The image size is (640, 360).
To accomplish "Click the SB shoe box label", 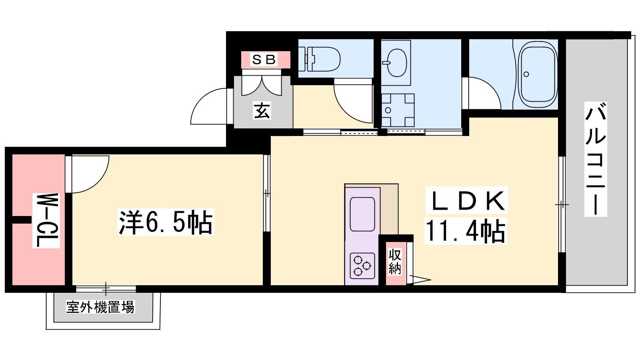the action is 264,60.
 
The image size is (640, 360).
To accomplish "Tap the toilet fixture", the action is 320,60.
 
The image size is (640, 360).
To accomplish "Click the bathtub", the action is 538,74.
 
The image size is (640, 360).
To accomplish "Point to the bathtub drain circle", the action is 526,74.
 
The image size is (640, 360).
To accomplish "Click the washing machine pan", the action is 398,110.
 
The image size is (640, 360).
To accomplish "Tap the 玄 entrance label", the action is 262,110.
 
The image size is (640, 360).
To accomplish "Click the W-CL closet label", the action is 46,220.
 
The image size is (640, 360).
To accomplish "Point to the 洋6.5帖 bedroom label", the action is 166,222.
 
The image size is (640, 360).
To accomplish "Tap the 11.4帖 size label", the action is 466,231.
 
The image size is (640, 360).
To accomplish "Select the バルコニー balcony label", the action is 596,159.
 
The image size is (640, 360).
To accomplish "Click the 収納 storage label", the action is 395,262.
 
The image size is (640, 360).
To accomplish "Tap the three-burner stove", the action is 362,266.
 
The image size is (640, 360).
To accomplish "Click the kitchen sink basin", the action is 362,214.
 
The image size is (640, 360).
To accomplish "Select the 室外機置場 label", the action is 100,307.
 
